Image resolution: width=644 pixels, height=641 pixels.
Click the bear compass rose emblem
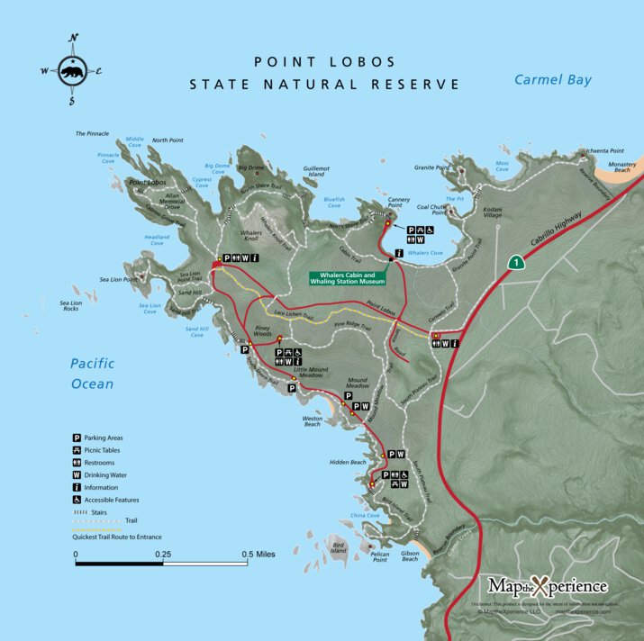click(74, 69)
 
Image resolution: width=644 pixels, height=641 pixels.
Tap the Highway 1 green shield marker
click(515, 263)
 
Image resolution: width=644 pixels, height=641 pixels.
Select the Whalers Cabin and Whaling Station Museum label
click(353, 279)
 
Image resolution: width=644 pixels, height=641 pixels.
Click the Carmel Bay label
click(553, 80)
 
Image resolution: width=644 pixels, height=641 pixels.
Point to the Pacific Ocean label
click(93, 374)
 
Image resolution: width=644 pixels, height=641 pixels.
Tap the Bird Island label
click(339, 547)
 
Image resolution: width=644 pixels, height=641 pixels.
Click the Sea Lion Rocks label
click(71, 306)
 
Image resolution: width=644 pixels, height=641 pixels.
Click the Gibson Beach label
click(410, 555)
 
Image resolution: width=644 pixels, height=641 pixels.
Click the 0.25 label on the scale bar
click(162, 555)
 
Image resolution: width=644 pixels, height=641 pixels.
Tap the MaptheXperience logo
click(548, 586)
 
